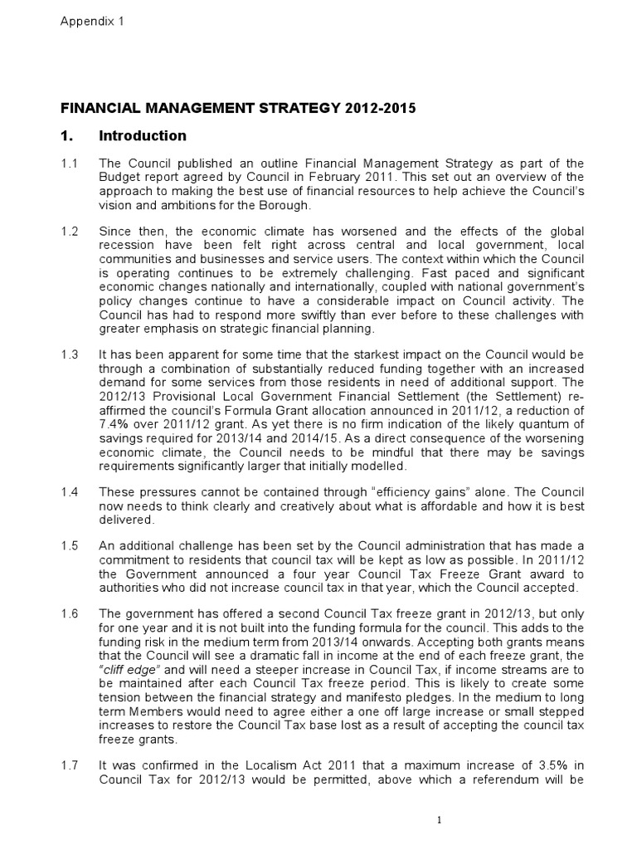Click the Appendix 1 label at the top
tap(91, 22)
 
